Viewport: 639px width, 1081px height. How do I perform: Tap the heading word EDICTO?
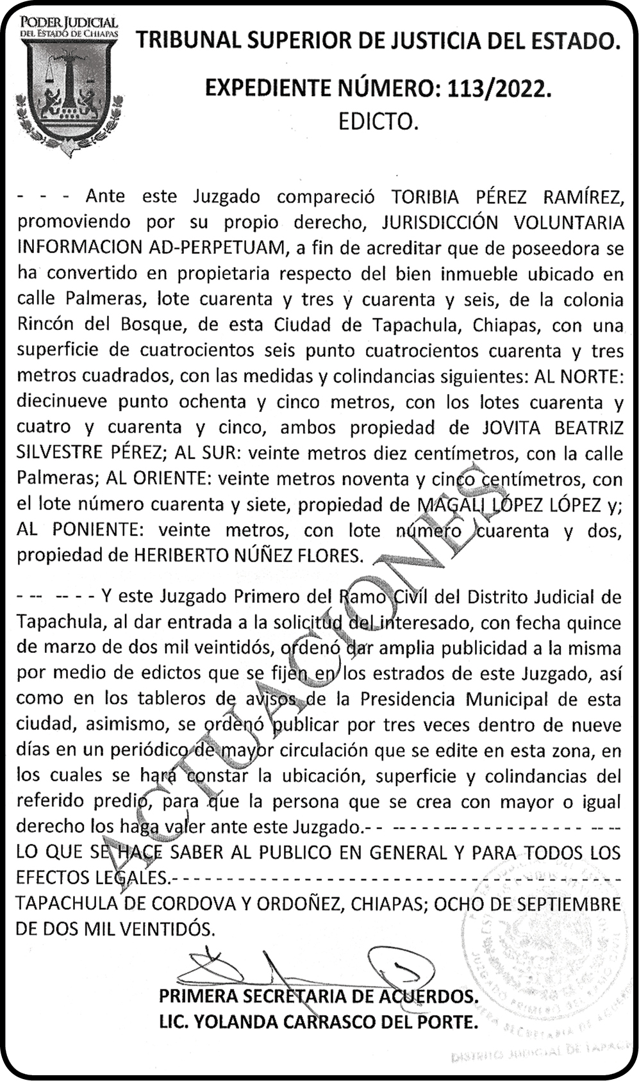pyautogui.click(x=378, y=122)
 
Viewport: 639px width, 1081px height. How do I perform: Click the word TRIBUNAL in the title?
pyautogui.click(x=187, y=42)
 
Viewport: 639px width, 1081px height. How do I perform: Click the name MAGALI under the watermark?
pyautogui.click(x=451, y=504)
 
